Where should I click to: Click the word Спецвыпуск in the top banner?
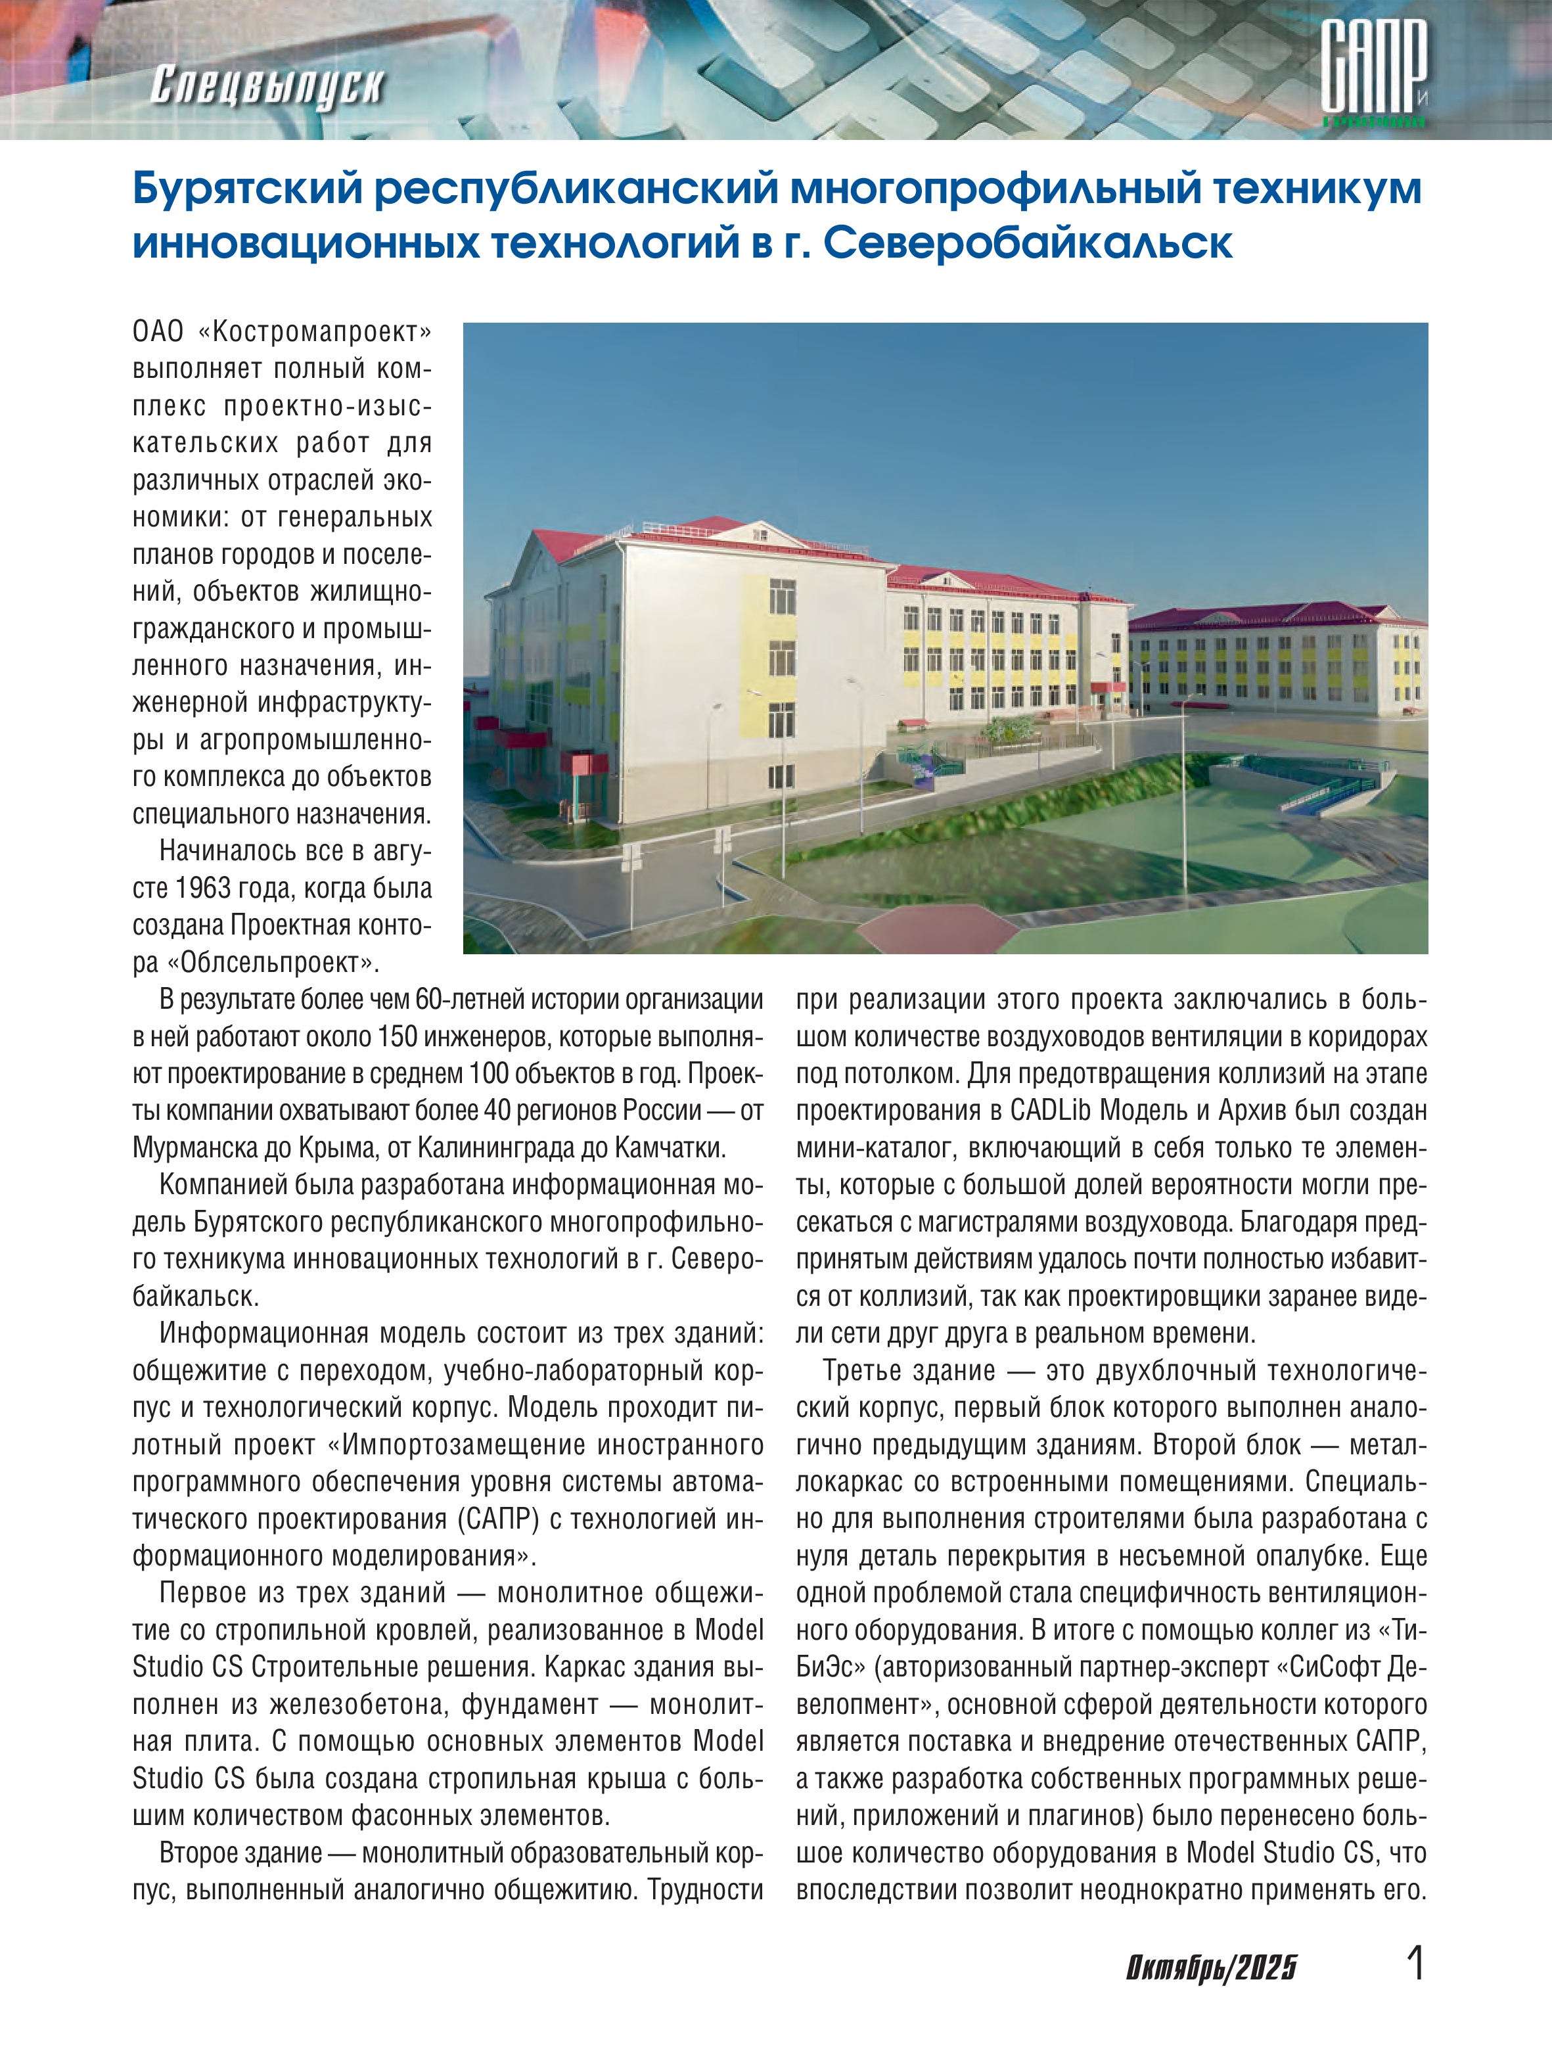266,87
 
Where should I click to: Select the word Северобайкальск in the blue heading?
1028,244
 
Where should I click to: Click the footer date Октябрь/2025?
1211,1967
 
